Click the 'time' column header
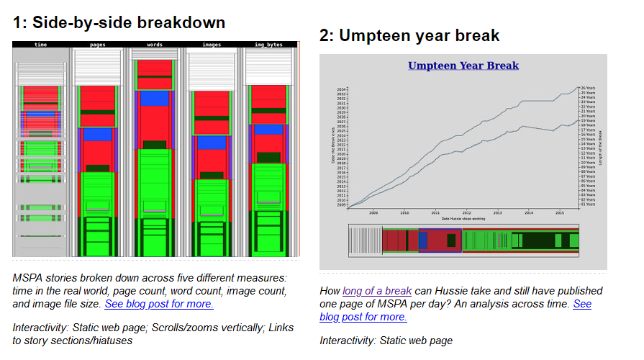pos(40,45)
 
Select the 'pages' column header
pos(98,45)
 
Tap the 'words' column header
pos(154,45)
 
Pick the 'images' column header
pos(212,45)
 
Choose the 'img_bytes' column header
pos(268,45)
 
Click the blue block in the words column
pos(154,98)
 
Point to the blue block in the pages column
pos(98,134)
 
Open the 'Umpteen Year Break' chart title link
pos(463,66)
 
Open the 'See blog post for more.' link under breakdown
pos(159,304)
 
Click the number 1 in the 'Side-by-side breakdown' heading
pos(17,22)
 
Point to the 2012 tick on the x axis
pos(466,212)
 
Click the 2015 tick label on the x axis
pos(559,212)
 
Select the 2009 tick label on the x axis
pos(373,212)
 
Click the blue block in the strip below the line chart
pos(439,240)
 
